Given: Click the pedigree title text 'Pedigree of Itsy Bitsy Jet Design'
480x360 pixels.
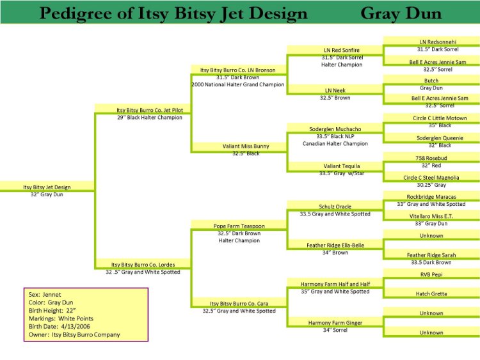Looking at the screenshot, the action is [173, 13].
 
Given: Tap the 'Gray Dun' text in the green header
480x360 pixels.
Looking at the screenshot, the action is [401, 13].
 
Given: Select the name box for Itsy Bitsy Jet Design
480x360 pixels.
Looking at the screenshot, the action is [47, 186].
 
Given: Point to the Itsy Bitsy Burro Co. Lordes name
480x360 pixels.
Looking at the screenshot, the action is [143, 264].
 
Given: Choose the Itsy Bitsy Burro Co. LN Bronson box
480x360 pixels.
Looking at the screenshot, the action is [239, 70].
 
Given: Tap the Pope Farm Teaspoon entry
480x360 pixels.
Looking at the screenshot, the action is [239, 225].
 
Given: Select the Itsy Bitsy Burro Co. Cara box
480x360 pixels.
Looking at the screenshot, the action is [239, 303].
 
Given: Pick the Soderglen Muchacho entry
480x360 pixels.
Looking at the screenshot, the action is [335, 129].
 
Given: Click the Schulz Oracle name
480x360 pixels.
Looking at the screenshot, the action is [335, 206].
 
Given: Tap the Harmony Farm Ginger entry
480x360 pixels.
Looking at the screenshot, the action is [335, 322].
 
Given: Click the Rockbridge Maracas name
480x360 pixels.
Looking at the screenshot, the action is [431, 196].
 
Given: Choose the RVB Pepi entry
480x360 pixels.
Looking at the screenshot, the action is [431, 274].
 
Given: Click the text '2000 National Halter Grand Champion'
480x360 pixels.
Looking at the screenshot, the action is [238, 84].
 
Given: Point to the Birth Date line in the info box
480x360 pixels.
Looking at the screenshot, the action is [60, 326].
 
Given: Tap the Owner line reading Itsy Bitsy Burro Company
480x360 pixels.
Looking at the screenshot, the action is [74, 334].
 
